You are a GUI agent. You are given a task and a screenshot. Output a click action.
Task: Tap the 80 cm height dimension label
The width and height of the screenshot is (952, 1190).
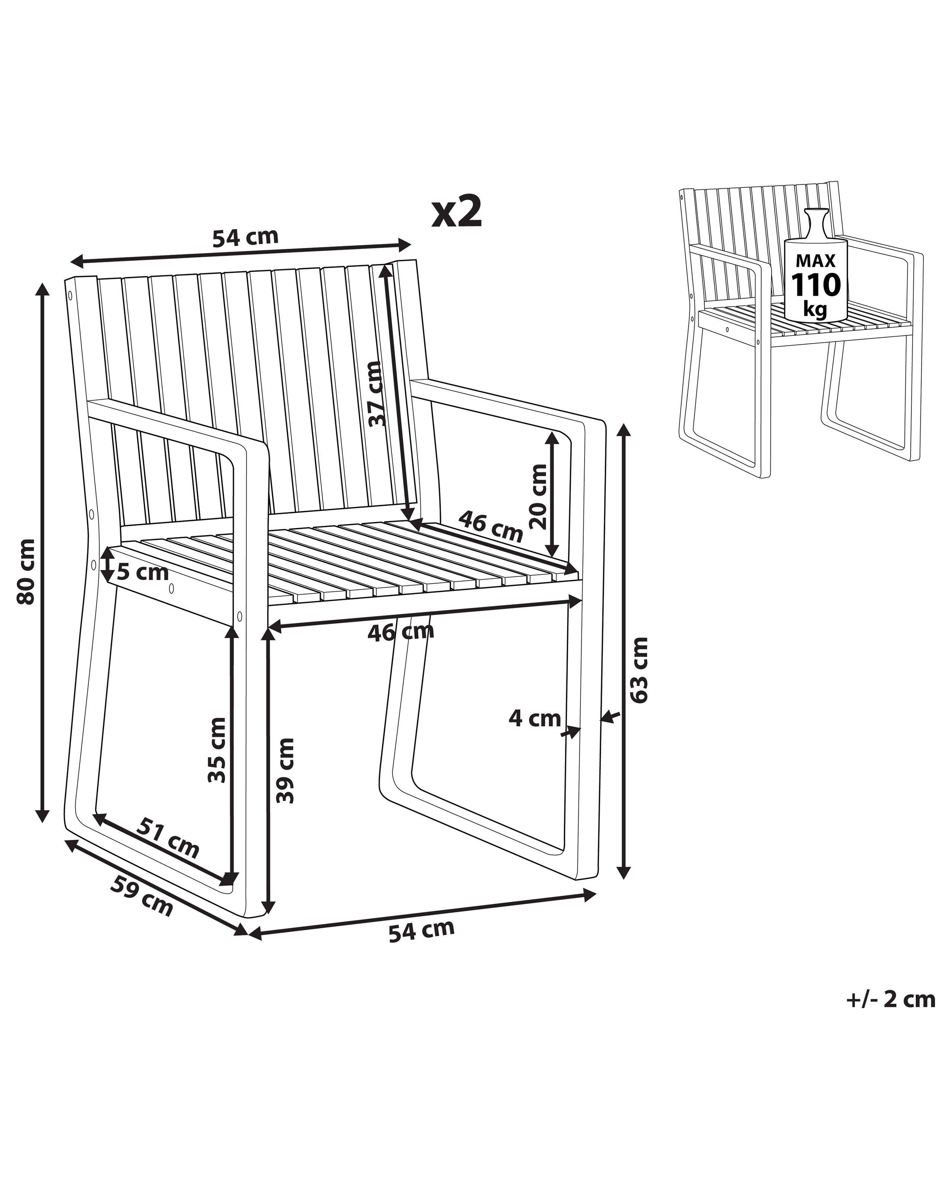coord(26,571)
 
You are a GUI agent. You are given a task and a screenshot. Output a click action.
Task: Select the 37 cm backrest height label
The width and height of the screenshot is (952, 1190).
coord(375,394)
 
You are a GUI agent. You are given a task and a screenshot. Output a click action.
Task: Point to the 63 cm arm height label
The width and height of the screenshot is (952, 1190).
coord(639,669)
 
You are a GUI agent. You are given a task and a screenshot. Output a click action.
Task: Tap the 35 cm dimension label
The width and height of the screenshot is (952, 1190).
coord(217,750)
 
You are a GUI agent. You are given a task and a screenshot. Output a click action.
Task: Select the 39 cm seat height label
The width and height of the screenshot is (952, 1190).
coord(285,771)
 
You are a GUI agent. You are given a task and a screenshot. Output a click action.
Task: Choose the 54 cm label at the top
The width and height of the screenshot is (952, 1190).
coord(245,237)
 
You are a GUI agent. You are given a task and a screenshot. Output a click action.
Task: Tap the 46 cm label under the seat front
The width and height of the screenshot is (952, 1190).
coord(401,631)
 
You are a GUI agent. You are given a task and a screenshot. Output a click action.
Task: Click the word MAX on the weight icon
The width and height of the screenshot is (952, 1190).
coord(816,261)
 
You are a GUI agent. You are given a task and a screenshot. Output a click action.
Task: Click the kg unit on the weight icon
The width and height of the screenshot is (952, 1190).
coord(815,310)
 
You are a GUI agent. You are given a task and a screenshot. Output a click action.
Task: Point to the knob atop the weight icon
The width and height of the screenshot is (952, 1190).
coord(816,215)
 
